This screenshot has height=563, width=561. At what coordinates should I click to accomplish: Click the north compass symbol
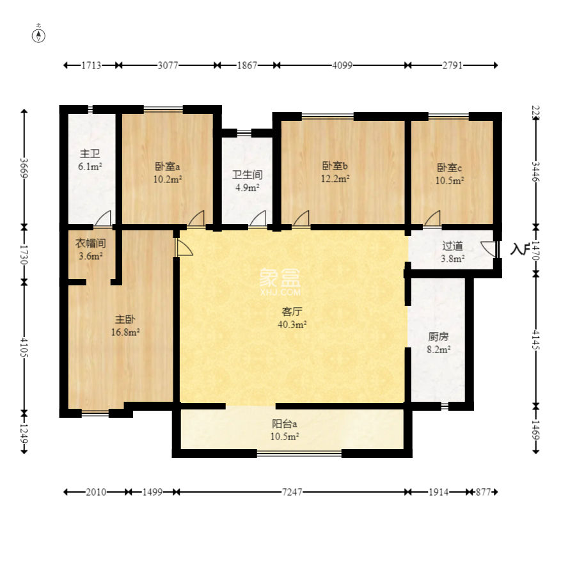tap(38, 36)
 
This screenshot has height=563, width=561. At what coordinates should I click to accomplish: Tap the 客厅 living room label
tap(292, 312)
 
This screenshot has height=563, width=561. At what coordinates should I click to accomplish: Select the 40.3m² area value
tap(292, 324)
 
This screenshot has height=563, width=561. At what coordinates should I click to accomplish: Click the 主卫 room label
tap(90, 154)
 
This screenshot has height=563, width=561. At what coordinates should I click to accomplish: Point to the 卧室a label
tap(167, 166)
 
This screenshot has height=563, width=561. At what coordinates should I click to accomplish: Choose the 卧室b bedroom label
tap(335, 166)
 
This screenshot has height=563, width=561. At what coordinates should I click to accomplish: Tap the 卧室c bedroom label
tap(449, 168)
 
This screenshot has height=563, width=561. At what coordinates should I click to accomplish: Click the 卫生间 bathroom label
tap(248, 175)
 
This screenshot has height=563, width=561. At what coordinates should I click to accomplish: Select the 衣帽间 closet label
tap(90, 244)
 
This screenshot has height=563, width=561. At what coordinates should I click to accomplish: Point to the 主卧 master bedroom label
tap(125, 319)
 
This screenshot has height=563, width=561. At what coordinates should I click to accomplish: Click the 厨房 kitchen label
tap(438, 337)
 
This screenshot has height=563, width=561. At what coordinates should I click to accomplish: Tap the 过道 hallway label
tap(453, 246)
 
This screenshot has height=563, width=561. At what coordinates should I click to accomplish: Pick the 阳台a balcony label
tap(284, 424)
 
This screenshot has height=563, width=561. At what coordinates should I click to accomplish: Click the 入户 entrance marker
tap(520, 249)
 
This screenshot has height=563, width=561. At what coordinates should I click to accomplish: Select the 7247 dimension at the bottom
tap(292, 492)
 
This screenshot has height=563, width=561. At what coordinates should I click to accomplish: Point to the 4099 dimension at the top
tap(342, 65)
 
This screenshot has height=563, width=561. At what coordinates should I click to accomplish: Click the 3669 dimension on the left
tap(24, 168)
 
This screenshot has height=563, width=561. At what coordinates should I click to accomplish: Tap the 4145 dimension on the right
tap(535, 340)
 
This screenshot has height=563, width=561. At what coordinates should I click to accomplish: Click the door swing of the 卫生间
tap(258, 218)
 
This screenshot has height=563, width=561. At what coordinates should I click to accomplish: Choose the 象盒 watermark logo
tap(280, 282)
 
